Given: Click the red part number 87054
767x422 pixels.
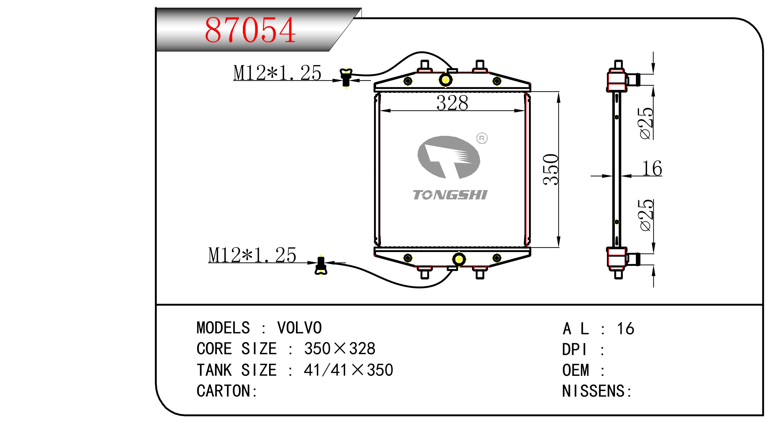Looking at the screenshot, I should (250, 30).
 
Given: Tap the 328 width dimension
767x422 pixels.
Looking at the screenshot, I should (452, 103).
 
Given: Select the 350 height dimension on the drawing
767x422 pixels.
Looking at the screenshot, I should (551, 169).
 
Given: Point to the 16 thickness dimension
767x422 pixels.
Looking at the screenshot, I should (652, 169).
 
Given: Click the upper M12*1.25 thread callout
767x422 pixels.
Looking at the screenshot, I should (277, 73).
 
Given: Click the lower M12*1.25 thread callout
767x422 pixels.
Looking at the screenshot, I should (252, 255).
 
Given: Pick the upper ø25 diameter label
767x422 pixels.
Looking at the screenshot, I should (647, 123).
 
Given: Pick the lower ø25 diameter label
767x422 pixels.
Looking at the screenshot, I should (647, 215).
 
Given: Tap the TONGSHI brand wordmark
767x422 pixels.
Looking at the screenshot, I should (450, 195).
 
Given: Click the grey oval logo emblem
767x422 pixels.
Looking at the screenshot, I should (448, 157).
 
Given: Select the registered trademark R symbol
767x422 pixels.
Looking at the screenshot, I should (482, 138).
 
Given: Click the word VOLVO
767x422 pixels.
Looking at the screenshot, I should (299, 328).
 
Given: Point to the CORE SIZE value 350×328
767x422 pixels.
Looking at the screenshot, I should (340, 349).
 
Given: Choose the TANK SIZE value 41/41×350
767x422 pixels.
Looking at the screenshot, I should (348, 370).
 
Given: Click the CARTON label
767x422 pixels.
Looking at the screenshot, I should (227, 391).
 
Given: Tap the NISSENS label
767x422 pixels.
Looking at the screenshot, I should (597, 391).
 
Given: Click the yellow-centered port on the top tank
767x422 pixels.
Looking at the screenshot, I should (446, 80).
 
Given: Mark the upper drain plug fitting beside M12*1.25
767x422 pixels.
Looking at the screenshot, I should (346, 77).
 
